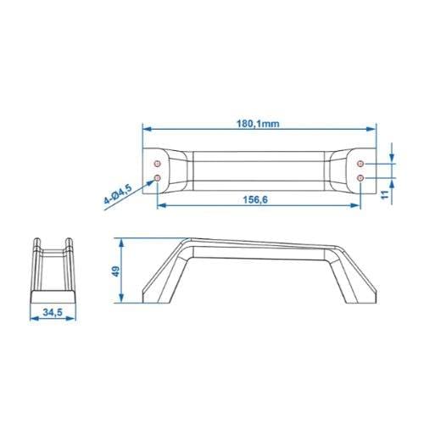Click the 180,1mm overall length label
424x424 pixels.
pos(258,122)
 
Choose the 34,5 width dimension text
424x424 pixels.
pos(53,313)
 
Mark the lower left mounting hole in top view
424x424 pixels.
pos(158,177)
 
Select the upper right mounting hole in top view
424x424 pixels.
pos(361,163)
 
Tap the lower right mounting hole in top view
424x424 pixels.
pos(361,177)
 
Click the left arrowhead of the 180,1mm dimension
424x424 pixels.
pos(145,130)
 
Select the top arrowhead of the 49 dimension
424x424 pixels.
pos(124,242)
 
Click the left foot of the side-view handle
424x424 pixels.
pos(153,293)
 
